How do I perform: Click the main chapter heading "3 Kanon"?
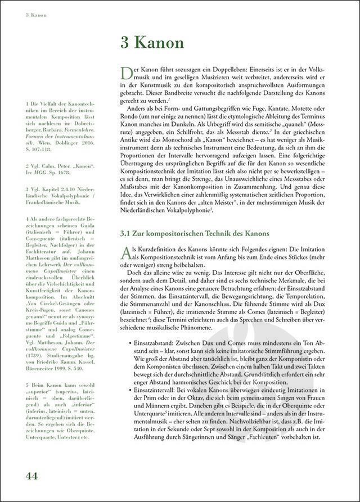coord(152,43)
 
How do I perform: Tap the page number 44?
coord(31,475)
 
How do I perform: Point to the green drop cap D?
coord(127,73)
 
